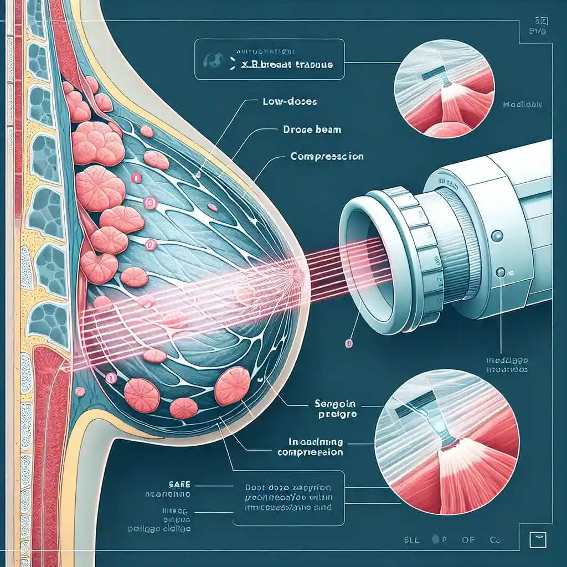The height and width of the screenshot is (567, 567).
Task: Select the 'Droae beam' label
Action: point(304,130)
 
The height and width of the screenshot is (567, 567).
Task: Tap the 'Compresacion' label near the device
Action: point(327,157)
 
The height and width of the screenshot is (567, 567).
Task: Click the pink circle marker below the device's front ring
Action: point(348,344)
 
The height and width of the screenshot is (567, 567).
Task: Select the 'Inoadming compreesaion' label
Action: point(310,447)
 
